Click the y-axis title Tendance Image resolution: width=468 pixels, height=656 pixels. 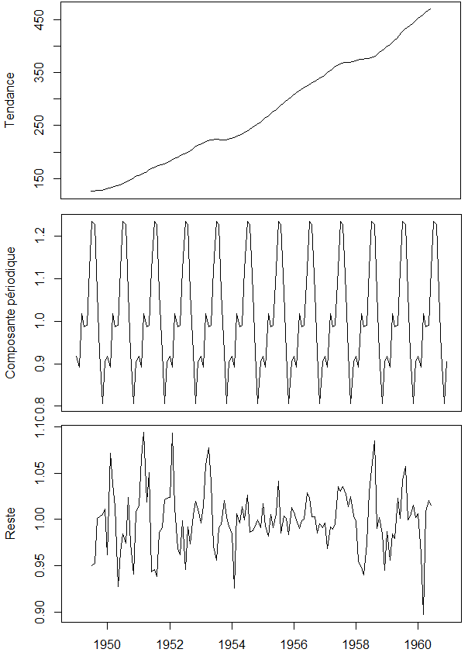pyautogui.click(x=11, y=100)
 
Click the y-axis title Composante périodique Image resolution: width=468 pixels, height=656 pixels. pyautogui.click(x=11, y=312)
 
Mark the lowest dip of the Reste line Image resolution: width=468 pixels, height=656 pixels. pyautogui.click(x=423, y=614)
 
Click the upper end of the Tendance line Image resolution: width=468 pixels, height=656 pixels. pyautogui.click(x=431, y=9)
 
